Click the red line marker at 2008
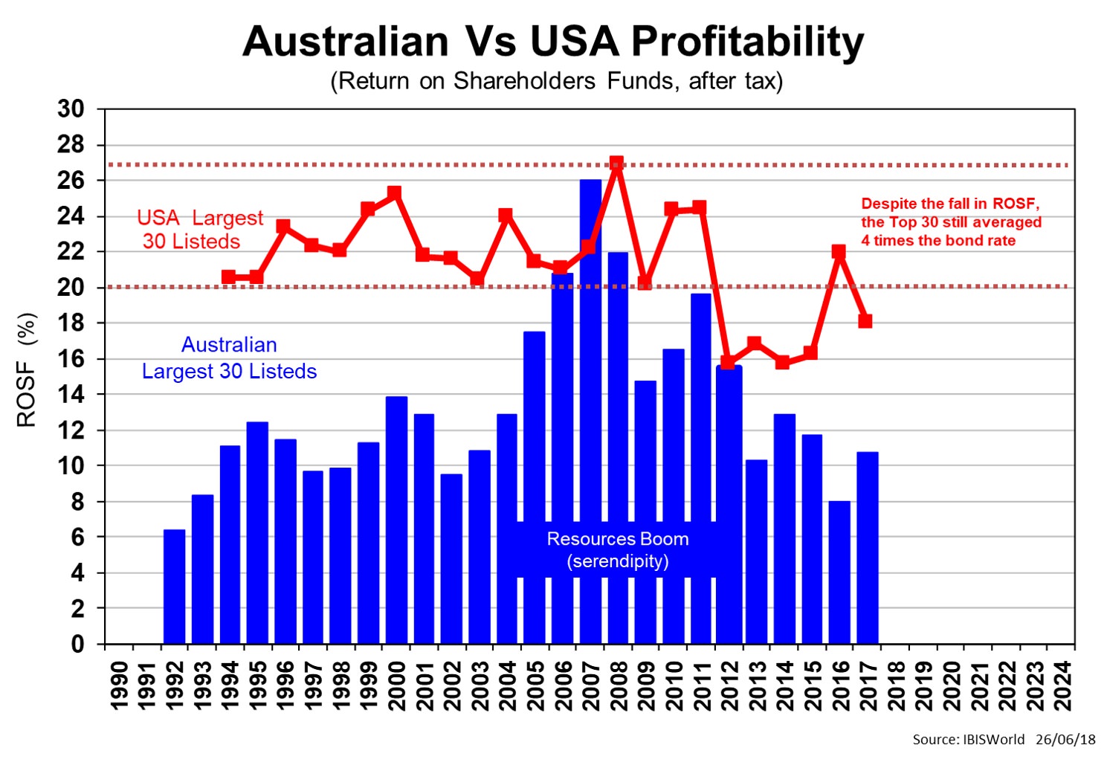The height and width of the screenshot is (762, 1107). (x=616, y=163)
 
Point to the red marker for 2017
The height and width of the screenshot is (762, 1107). (x=865, y=321)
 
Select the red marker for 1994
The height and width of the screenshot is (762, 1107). (x=229, y=277)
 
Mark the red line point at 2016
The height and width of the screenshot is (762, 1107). (x=839, y=251)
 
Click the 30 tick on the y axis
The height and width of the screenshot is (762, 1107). (x=71, y=109)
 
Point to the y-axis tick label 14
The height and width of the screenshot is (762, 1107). (x=71, y=395)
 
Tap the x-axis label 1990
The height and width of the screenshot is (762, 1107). (x=119, y=685)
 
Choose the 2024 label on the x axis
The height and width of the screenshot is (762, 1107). (x=1062, y=685)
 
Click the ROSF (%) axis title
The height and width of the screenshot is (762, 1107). (x=27, y=369)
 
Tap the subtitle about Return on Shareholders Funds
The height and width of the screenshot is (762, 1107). (x=556, y=80)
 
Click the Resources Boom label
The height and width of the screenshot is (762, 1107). (x=618, y=549)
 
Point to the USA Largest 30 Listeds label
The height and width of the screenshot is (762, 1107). (x=199, y=229)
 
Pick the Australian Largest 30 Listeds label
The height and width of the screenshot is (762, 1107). (x=229, y=358)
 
